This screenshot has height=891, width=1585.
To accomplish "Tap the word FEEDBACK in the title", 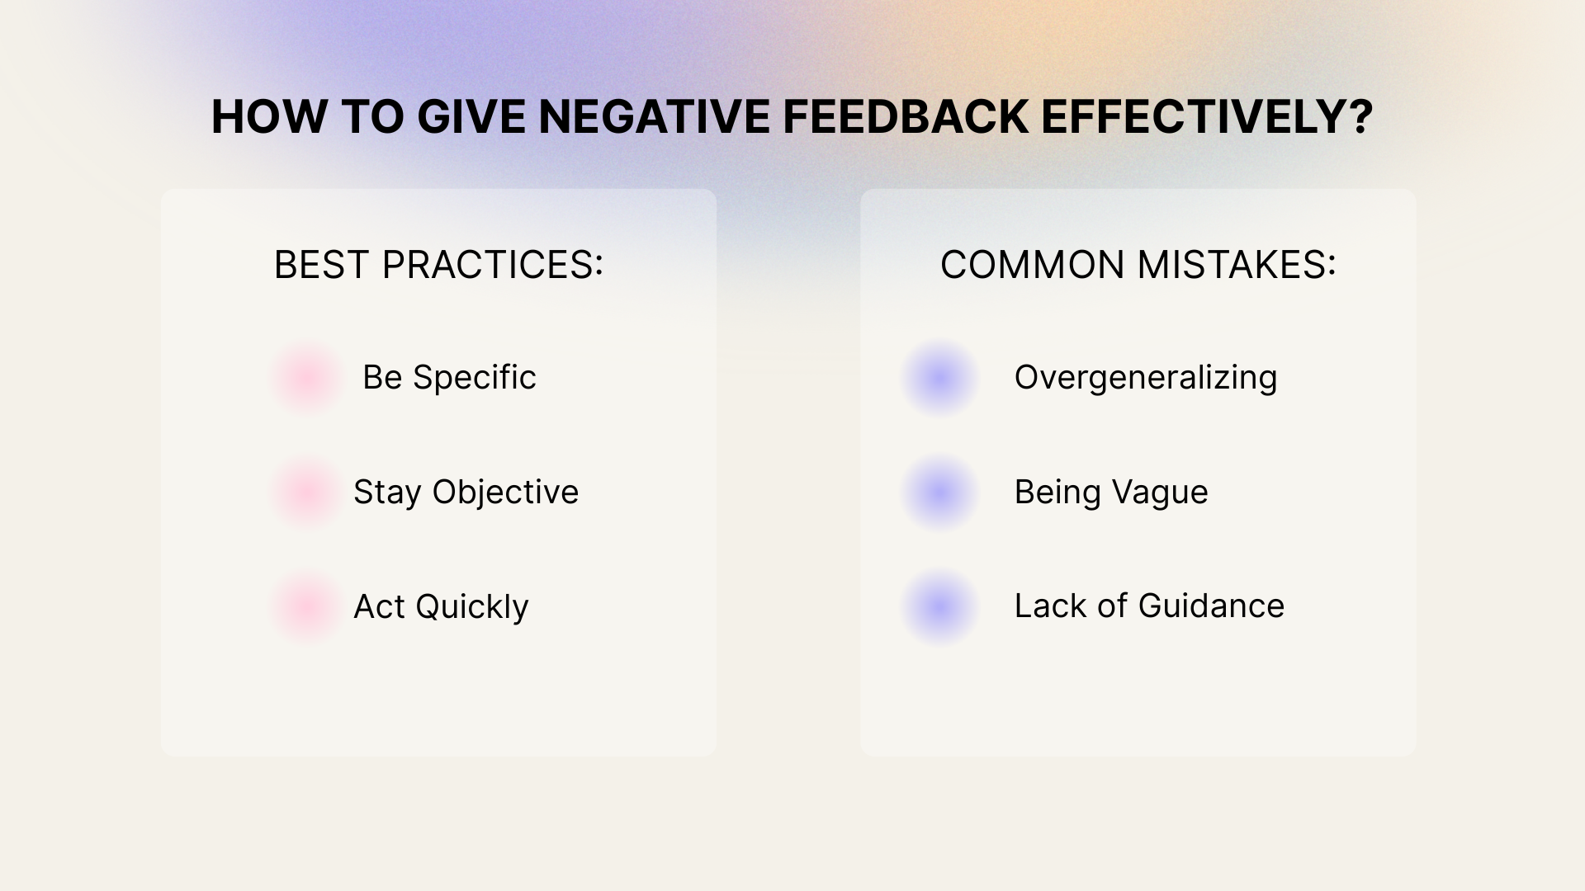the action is tap(906, 116).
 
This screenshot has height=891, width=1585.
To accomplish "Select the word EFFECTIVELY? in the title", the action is tap(1207, 116).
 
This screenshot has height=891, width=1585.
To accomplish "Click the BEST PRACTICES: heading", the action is tap(438, 265).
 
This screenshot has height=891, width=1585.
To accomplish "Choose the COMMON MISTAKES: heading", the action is tap(1138, 265).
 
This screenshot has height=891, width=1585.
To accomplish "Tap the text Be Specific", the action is tap(449, 378).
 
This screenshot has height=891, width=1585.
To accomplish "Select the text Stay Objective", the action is tap(466, 493).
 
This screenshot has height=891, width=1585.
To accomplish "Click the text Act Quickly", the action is tap(441, 607).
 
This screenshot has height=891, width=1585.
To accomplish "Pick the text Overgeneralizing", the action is tap(1146, 378).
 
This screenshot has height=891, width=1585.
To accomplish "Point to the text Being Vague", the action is tap(1111, 493).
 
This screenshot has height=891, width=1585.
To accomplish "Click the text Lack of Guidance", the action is tap(1149, 606).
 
